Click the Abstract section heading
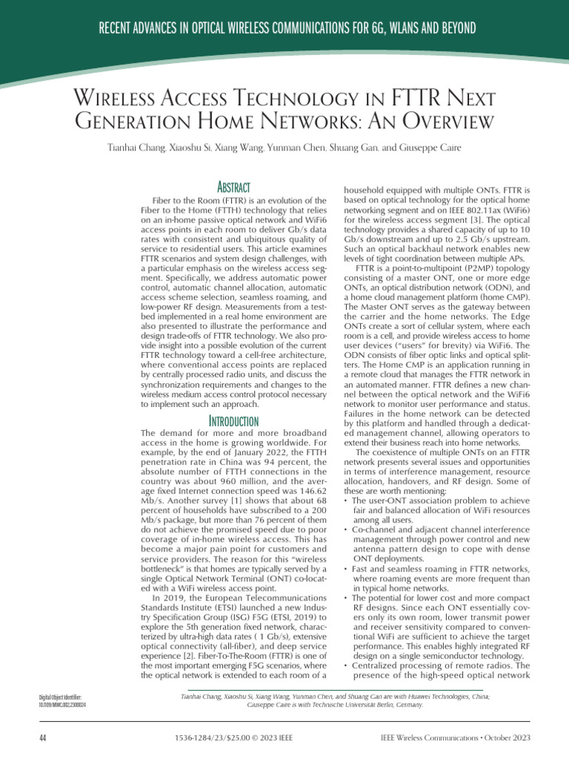[x=233, y=188]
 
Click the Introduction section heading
[x=233, y=422]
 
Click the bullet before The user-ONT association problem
[x=348, y=501]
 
